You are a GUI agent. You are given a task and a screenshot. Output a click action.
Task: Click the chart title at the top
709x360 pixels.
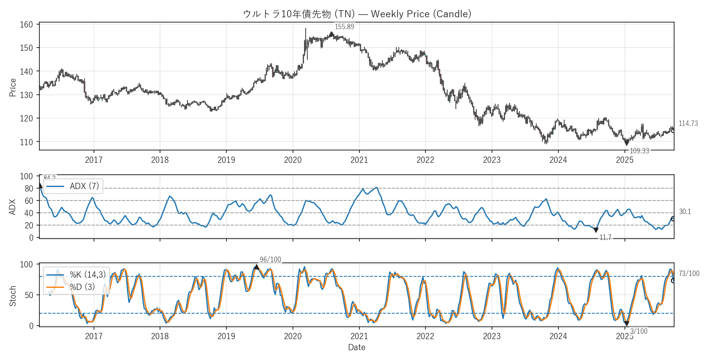(x=357, y=14)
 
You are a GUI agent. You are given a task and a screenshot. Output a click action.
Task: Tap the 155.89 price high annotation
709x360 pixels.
(x=344, y=27)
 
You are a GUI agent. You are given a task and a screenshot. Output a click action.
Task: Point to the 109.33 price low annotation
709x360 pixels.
(x=639, y=151)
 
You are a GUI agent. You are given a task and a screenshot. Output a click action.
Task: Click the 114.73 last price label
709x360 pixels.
(x=688, y=123)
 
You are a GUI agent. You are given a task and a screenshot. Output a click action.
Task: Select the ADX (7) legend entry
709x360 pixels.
(x=84, y=186)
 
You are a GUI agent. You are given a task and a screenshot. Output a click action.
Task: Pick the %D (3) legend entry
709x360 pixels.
(x=82, y=287)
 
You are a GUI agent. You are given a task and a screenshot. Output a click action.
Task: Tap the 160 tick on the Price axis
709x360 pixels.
(x=26, y=25)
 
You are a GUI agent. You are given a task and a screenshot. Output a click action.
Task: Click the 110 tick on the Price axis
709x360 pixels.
(x=26, y=142)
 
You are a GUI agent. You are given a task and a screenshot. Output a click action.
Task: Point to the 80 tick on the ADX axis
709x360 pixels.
(x=29, y=189)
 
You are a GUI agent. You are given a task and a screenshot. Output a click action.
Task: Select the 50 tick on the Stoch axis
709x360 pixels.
(x=29, y=295)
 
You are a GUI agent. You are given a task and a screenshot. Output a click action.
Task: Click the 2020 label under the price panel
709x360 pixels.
(x=293, y=160)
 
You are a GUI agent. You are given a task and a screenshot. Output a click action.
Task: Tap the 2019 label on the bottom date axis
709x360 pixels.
(x=226, y=336)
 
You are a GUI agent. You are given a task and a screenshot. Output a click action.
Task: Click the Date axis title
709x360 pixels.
(x=357, y=347)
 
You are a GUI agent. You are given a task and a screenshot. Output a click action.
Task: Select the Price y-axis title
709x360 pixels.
(x=13, y=87)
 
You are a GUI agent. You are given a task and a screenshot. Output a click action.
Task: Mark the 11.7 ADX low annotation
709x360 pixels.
(x=605, y=237)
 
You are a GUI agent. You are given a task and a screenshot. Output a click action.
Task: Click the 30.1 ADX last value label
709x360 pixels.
(x=685, y=212)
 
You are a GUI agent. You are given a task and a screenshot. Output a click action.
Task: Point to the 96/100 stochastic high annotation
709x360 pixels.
(x=270, y=260)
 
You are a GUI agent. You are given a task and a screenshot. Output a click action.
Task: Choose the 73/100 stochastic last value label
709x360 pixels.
(x=689, y=273)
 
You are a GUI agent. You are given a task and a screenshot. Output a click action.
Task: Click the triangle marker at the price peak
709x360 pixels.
(x=331, y=34)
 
